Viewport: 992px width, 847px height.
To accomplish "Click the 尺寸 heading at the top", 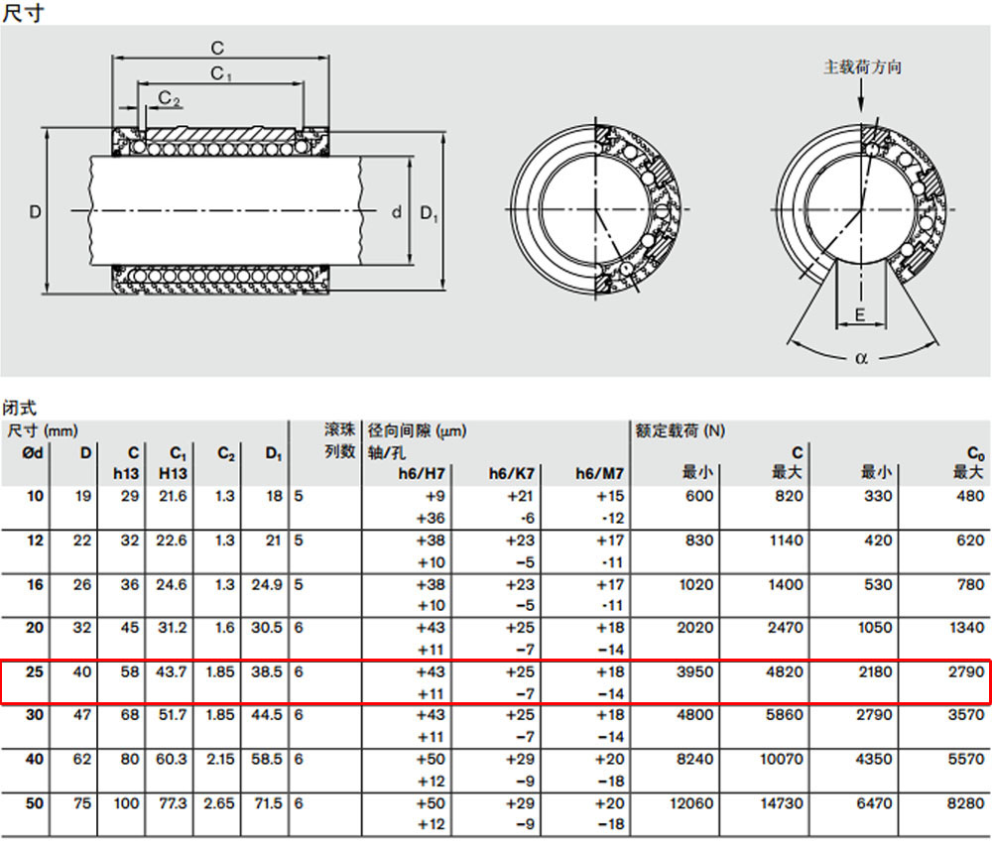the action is click(24, 12).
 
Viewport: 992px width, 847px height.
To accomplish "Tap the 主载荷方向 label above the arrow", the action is click(862, 67).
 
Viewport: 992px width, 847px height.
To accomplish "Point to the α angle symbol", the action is click(861, 358).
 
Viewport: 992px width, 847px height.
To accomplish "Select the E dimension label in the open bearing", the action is click(860, 314).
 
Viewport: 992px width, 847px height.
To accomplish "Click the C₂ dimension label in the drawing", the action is click(169, 98).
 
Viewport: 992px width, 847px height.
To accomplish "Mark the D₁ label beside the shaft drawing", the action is click(429, 213).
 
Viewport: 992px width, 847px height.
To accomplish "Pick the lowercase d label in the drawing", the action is click(397, 212).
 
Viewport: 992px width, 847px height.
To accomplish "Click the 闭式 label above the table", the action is click(19, 408).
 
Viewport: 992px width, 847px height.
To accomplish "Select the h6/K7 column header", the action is click(511, 473).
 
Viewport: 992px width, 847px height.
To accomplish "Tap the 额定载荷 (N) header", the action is click(681, 430).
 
